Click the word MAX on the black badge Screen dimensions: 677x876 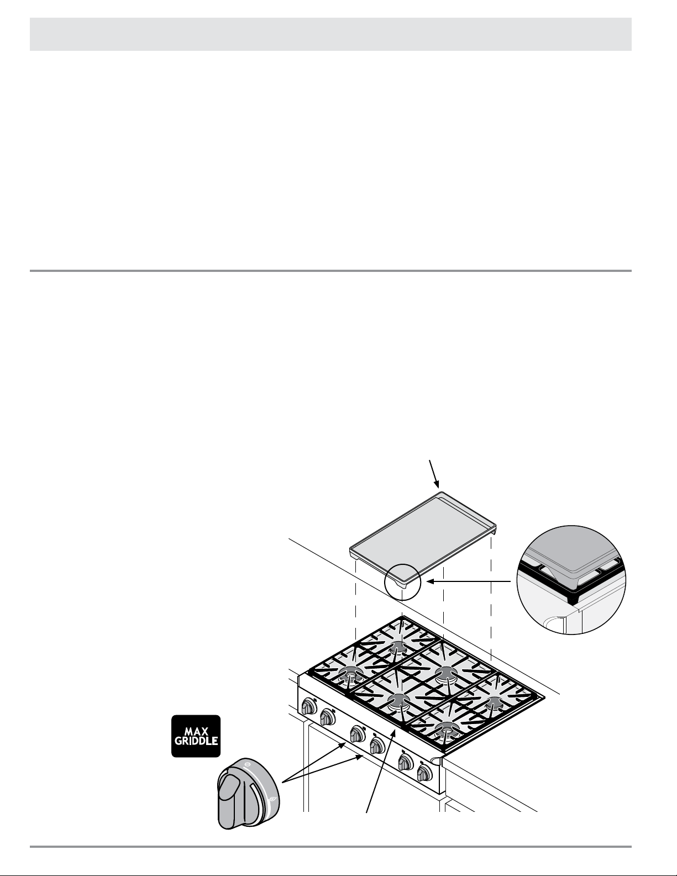pos(195,728)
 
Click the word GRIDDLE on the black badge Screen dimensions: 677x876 pos(195,742)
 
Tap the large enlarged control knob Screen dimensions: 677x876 pos(248,794)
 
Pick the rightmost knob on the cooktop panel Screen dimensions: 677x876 pos(424,773)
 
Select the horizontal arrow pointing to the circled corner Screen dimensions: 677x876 pos(470,581)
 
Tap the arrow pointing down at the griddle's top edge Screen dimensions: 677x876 pos(434,474)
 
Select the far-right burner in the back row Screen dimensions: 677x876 pos(491,700)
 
